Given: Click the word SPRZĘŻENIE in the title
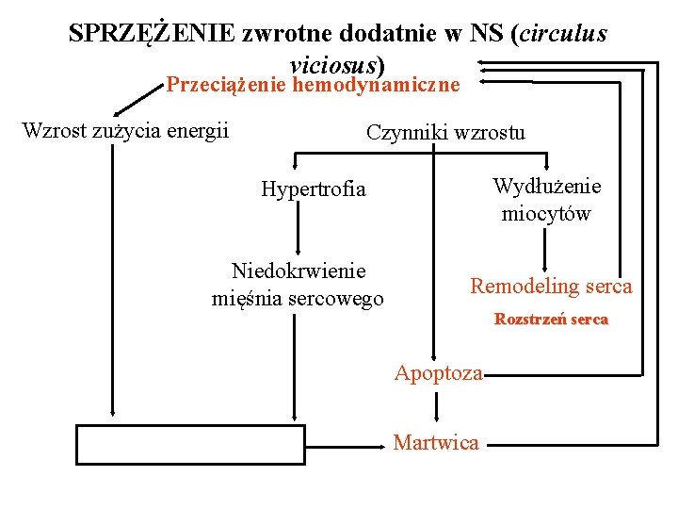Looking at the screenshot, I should click(x=152, y=33).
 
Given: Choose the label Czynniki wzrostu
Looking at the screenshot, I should click(x=445, y=132).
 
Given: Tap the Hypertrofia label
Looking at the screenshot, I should click(x=314, y=189).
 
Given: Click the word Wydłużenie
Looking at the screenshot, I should click(x=547, y=187).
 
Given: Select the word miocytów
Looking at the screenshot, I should click(x=546, y=213).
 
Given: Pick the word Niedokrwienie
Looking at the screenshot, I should click(x=299, y=271).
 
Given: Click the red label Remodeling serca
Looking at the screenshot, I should click(x=552, y=286).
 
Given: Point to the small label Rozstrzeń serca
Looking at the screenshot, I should click(x=552, y=320).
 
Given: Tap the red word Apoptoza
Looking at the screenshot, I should click(x=438, y=373).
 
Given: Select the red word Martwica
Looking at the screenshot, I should click(x=436, y=442).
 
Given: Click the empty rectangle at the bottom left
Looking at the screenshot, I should click(x=191, y=445).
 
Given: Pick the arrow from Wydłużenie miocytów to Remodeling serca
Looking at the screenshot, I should click(x=545, y=250).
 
